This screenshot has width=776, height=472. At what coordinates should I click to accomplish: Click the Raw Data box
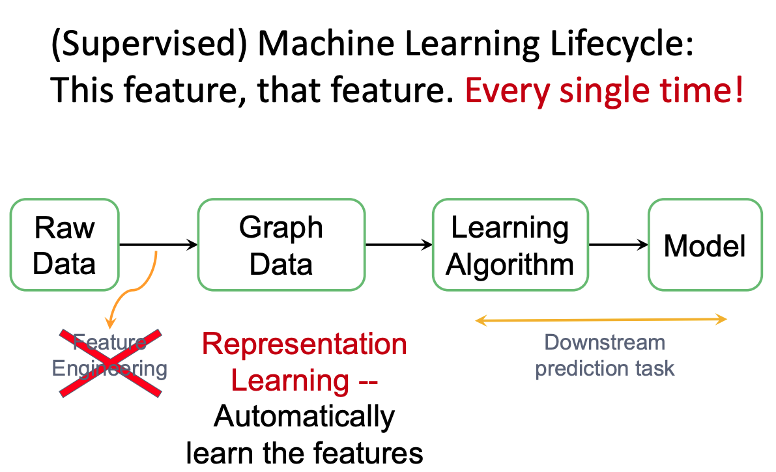[x=65, y=245]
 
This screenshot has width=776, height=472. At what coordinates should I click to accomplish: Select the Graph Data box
[x=281, y=245]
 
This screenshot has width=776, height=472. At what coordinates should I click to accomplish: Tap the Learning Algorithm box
[x=510, y=245]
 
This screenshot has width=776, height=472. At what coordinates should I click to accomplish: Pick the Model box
[x=704, y=245]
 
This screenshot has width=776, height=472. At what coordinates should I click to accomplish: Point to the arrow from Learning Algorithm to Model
[x=618, y=245]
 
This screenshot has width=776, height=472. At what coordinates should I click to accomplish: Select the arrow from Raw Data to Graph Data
[x=158, y=245]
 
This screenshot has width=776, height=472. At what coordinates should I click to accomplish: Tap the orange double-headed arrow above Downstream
[x=601, y=319]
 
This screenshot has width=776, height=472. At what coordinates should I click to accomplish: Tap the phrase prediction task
[x=604, y=368]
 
